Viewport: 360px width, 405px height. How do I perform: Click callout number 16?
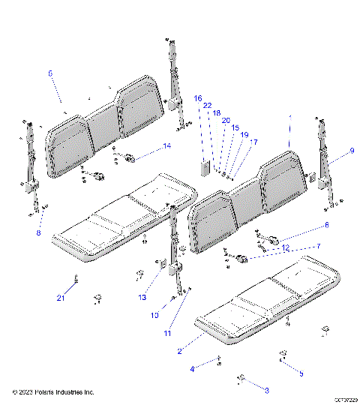[x=198, y=98]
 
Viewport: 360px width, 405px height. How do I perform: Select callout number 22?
[x=207, y=106]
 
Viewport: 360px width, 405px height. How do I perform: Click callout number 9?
[x=352, y=151]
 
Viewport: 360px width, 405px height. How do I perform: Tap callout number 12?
[x=39, y=233]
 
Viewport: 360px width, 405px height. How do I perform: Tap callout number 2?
[x=179, y=351]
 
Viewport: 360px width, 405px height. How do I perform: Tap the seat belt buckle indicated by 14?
[x=128, y=157]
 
